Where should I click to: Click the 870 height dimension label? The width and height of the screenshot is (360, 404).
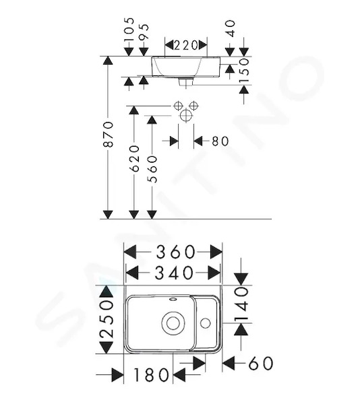[x=109, y=134]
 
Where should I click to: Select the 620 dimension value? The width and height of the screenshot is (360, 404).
[x=134, y=159]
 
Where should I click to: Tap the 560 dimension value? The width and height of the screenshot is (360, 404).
[x=152, y=169]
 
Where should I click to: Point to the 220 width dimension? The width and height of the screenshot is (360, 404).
[x=186, y=45]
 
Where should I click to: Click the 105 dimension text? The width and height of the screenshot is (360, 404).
[x=129, y=29]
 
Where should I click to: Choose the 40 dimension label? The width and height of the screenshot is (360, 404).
[x=230, y=28]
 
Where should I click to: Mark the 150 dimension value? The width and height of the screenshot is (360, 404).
[x=244, y=70]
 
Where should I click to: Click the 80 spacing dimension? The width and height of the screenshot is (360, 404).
[x=220, y=141]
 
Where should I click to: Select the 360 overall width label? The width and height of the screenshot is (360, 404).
[x=175, y=252]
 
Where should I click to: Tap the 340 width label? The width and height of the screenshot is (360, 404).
[x=174, y=273]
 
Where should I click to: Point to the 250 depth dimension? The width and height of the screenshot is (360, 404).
[x=107, y=319]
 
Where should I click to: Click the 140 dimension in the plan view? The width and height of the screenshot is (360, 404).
[x=241, y=305]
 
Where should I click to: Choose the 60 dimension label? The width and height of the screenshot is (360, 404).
[x=261, y=363]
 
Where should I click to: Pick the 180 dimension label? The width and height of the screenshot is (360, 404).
[x=151, y=375]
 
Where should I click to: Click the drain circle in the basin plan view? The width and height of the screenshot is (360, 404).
[x=173, y=323]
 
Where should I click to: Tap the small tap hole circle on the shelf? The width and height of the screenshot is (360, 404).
[x=205, y=323]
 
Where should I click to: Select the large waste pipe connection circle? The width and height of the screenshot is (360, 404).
[x=186, y=115]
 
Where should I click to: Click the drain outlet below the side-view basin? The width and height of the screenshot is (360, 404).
[x=186, y=82]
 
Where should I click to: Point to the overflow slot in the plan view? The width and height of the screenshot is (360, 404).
[x=173, y=300]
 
